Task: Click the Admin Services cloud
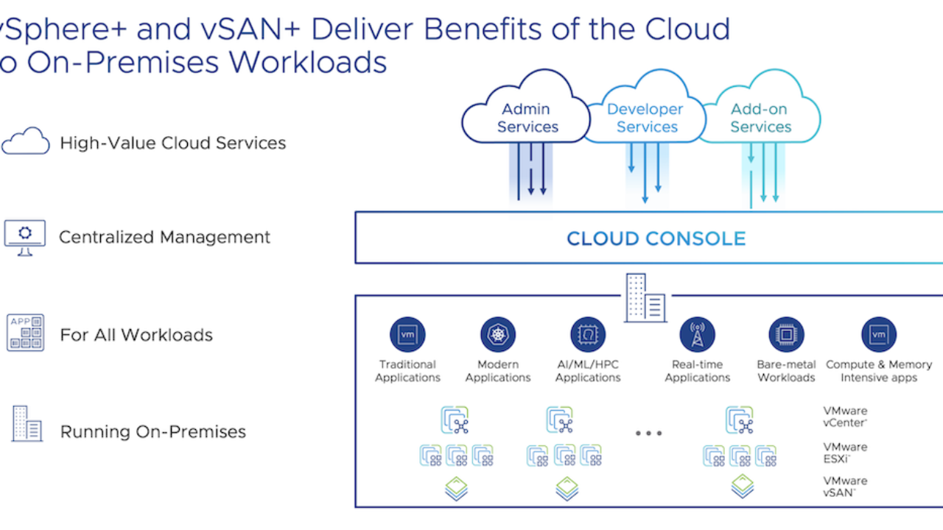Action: [x=526, y=118]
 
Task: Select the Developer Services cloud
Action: [x=647, y=118]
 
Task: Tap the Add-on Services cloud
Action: [x=761, y=118]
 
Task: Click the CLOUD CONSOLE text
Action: [x=656, y=239]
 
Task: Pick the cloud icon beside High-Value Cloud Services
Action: [x=25, y=141]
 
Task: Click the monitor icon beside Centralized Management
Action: [x=25, y=237]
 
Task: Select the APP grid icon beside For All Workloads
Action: [x=25, y=332]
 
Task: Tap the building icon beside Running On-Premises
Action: [x=27, y=423]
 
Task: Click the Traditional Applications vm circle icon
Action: [x=407, y=334]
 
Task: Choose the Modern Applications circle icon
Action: [x=498, y=334]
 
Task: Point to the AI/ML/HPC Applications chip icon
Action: [x=588, y=334]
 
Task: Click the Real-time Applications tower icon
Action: [x=697, y=334]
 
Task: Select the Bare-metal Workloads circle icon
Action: [x=786, y=334]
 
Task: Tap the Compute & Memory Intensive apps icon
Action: [x=879, y=334]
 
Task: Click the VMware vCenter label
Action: [x=845, y=417]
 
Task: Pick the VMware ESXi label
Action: [x=845, y=453]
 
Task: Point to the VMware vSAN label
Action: [x=845, y=487]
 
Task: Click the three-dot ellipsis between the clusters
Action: [x=649, y=433]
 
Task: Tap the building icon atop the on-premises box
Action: [x=645, y=298]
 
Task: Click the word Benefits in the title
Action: [x=483, y=29]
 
